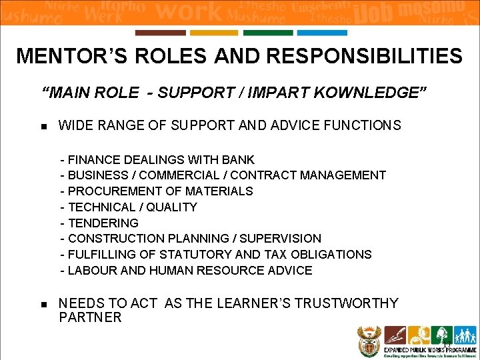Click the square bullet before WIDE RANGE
pyautogui.click(x=44, y=126)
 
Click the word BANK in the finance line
pyautogui.click(x=241, y=159)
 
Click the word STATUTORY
pyautogui.click(x=201, y=255)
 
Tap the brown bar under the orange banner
pyautogui.click(x=160, y=33)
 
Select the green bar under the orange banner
pyautogui.click(x=268, y=33)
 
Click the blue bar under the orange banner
pyautogui.click(x=322, y=33)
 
